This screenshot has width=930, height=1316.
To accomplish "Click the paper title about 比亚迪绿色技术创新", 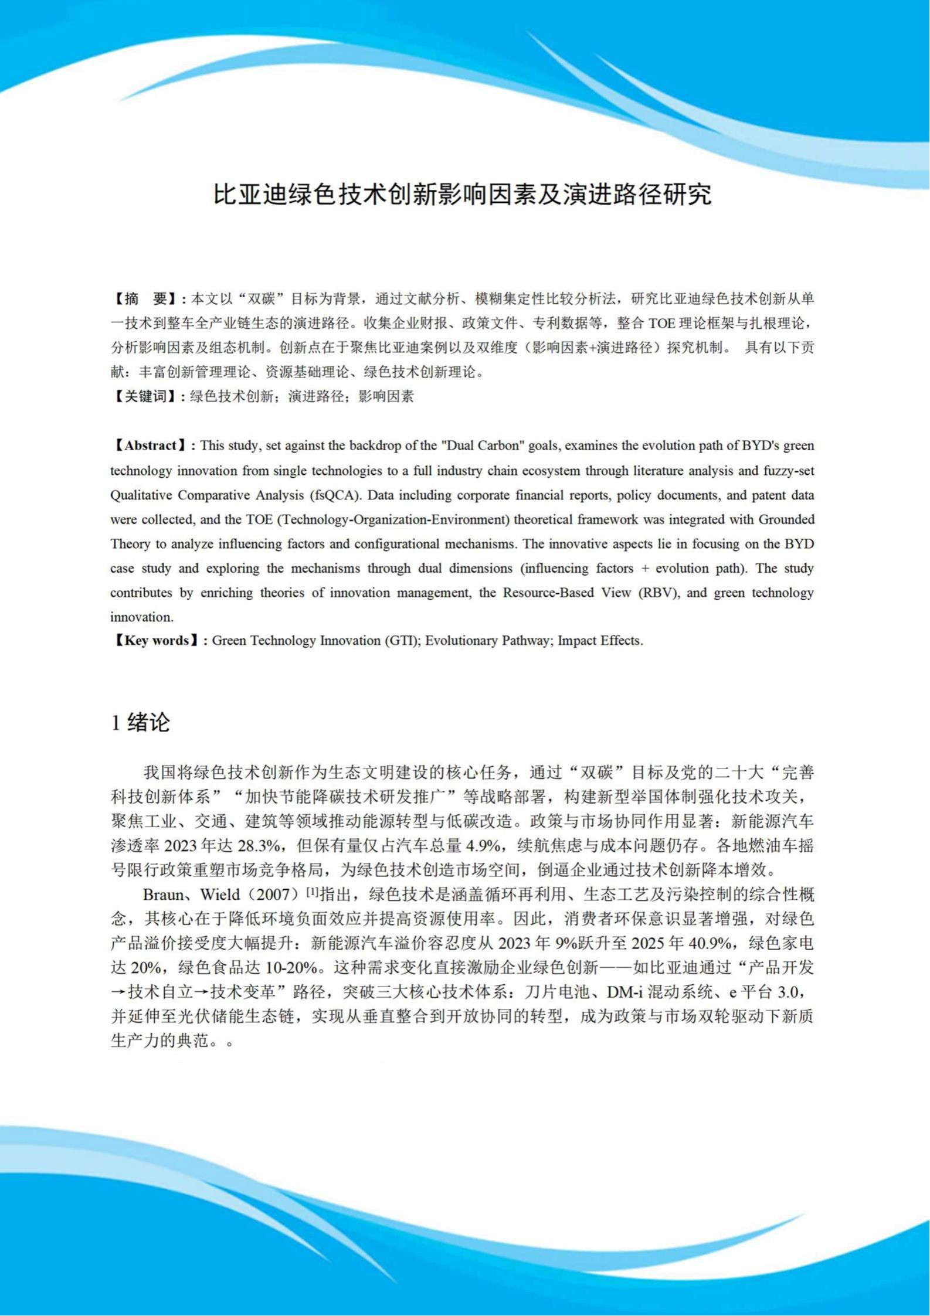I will [463, 195].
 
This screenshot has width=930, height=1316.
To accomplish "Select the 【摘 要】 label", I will [145, 299].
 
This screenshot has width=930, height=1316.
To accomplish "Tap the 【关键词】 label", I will [145, 397].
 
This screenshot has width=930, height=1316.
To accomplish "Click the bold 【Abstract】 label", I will [150, 446].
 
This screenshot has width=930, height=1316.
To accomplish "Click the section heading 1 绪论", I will [141, 722].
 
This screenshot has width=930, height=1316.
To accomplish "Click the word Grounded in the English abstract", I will [786, 519].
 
